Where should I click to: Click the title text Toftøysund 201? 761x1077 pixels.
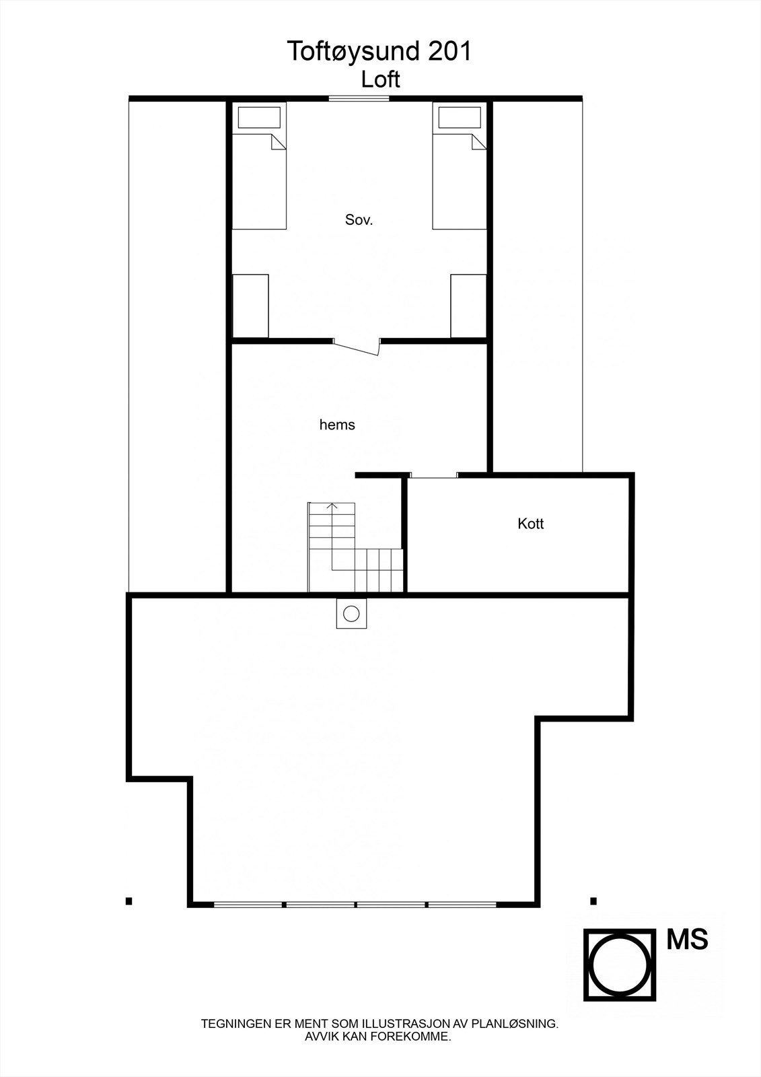380,52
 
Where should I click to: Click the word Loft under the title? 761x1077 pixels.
380,79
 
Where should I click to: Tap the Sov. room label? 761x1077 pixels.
359,219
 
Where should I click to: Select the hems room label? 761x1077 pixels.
337,425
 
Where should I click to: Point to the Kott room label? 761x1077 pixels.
531,524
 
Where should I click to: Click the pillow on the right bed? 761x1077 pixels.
460,118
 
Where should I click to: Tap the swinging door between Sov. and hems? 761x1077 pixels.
357,346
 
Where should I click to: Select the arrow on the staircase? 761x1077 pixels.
332,506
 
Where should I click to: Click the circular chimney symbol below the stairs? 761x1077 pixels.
351,614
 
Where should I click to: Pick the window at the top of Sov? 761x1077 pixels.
359,99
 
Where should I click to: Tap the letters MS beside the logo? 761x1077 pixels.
687,940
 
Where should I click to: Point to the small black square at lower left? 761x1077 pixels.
129,901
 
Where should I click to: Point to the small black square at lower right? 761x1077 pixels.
593,901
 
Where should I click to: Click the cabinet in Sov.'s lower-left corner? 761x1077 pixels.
250,306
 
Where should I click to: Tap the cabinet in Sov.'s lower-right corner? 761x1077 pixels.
468,306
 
